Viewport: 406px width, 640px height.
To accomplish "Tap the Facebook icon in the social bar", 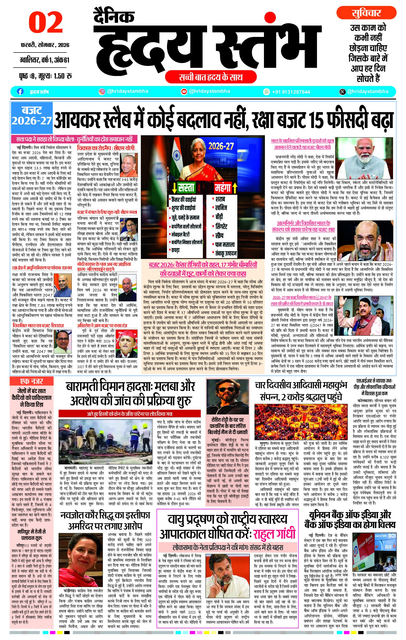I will pos(20,91).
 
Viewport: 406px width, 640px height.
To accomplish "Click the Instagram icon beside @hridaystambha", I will pos(102,91).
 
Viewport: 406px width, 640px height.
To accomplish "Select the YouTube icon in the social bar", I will pos(184,91).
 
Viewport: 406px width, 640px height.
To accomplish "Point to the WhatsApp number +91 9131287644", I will pos(291,92).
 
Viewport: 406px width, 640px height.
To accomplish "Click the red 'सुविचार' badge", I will pos(366,13).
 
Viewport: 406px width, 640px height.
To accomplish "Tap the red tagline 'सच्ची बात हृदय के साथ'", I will pos(210,77).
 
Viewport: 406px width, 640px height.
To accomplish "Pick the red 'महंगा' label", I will pos(223,188).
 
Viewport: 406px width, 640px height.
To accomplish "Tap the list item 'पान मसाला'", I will pos(225,244).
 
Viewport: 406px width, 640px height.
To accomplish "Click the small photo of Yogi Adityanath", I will pos(129,165).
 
